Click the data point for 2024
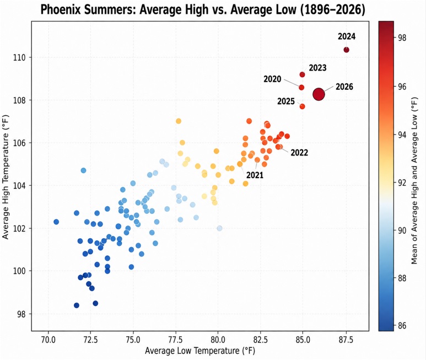[x=346, y=50]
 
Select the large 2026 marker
[x=319, y=94]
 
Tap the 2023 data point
[x=302, y=74]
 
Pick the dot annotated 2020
[x=301, y=88]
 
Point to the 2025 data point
[x=302, y=106]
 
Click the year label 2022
[x=299, y=153]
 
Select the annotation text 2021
[x=255, y=175]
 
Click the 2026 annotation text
[x=344, y=87]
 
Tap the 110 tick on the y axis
[x=19, y=57]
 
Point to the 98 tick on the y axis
[x=21, y=314]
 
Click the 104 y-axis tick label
[x=19, y=186]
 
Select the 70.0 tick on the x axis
[x=48, y=340]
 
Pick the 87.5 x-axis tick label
[x=346, y=340]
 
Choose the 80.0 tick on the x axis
[x=218, y=340]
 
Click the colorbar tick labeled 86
[x=402, y=325]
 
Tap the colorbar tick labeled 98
[x=402, y=38]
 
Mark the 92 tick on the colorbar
[x=402, y=182]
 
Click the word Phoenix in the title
[x=60, y=10]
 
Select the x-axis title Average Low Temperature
[x=192, y=351]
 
